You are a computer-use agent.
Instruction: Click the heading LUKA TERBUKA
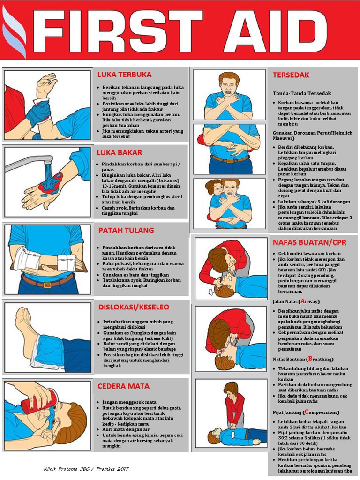tap(124, 75)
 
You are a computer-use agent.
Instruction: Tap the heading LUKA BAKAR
tap(120, 153)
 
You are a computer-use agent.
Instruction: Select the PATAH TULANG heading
tap(126, 231)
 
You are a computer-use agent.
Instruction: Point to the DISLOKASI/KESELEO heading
tap(134, 307)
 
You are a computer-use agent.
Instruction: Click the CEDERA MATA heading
tap(123, 386)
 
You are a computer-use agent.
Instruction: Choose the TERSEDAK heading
tap(291, 75)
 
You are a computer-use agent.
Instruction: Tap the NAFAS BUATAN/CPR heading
tap(309, 242)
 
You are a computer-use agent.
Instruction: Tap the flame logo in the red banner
tap(14, 30)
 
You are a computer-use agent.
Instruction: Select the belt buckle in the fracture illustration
tap(46, 284)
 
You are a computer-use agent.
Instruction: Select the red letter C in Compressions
tap(307, 412)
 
